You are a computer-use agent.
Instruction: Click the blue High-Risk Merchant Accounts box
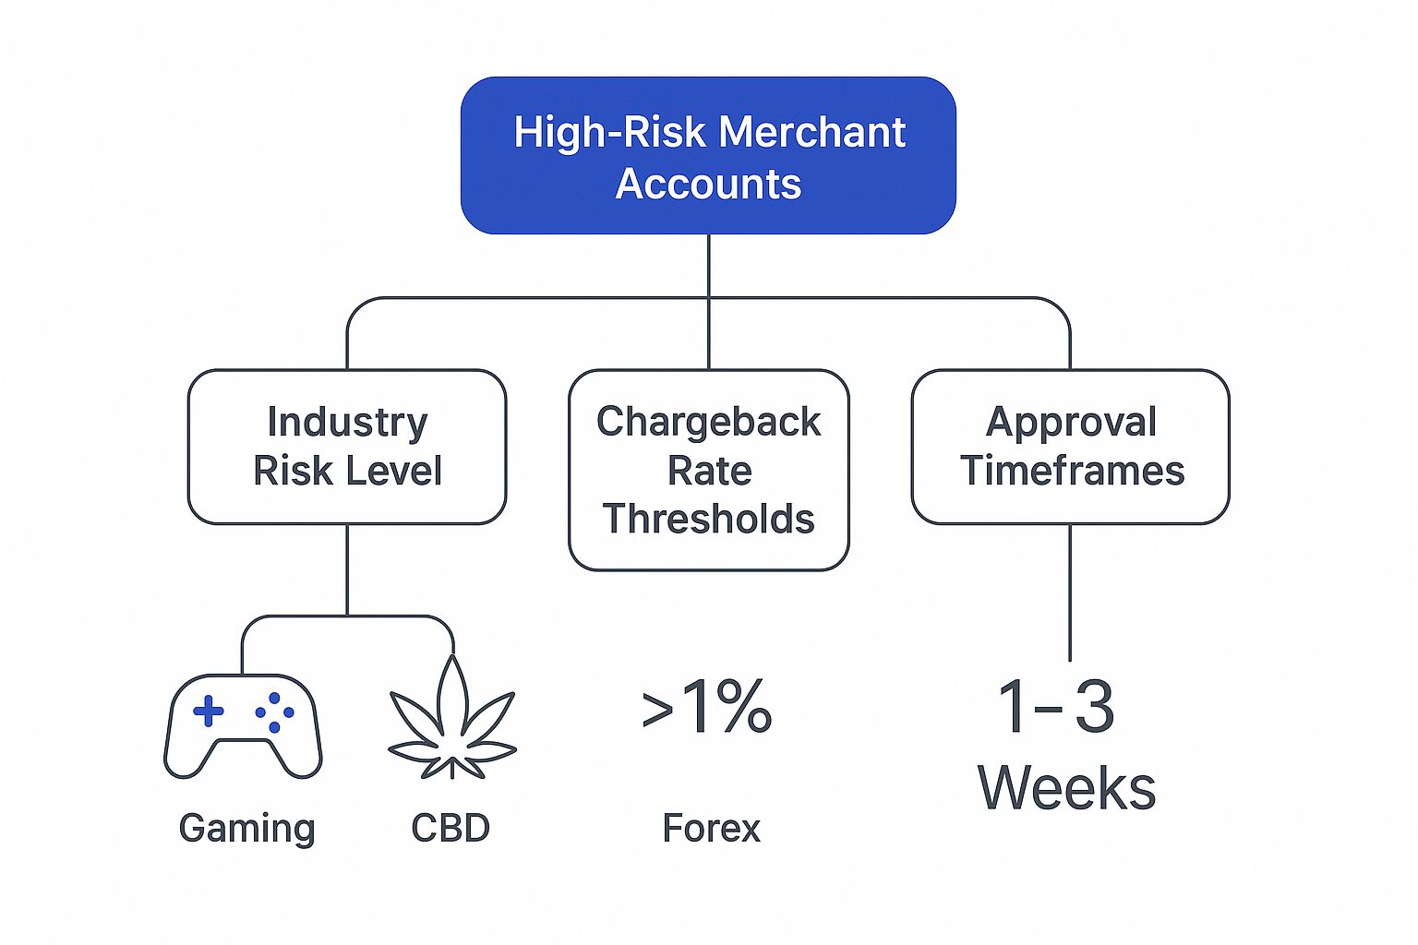(708, 156)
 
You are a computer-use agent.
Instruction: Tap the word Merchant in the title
(812, 132)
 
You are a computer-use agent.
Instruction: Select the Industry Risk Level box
(347, 447)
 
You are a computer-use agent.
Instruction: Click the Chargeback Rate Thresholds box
(708, 471)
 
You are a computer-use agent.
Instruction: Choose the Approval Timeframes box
(1071, 447)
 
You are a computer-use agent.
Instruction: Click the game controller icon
(243, 726)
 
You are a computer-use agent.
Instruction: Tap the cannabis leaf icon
(452, 717)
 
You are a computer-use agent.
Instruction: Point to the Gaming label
(246, 829)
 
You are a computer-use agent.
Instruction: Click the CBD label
(451, 827)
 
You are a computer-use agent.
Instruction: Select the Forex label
(711, 827)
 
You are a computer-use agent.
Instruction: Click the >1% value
(706, 706)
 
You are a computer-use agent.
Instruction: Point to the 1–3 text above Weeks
(1056, 706)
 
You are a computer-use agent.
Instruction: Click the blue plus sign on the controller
(209, 712)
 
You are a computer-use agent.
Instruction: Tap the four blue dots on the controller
(274, 712)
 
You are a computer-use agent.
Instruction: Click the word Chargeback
(708, 422)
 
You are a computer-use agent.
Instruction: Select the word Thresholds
(708, 519)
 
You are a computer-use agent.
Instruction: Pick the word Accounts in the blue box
(708, 184)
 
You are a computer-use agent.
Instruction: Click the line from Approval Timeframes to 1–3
(1070, 592)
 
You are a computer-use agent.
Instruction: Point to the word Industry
(347, 422)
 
